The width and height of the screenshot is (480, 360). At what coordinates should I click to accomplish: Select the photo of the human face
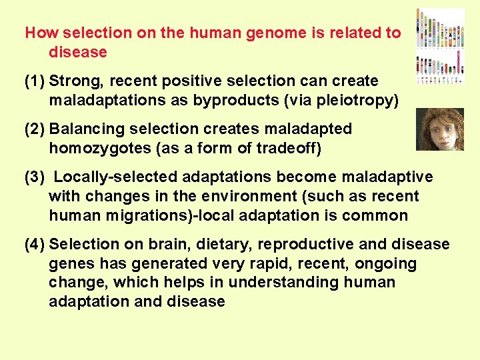(x=439, y=129)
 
